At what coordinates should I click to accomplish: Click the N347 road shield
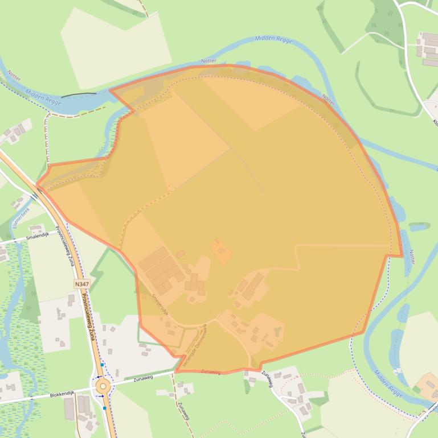click(x=82, y=283)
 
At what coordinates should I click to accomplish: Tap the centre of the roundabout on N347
click(x=103, y=386)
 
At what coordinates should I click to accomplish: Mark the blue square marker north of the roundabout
click(x=103, y=365)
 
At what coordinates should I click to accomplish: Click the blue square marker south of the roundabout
click(x=104, y=407)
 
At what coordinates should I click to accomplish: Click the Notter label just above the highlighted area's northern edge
click(x=209, y=61)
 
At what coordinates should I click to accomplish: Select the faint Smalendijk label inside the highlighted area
click(x=161, y=304)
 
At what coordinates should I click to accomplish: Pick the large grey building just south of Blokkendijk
click(x=69, y=408)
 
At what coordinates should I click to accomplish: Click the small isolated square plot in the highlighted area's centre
click(x=221, y=251)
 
